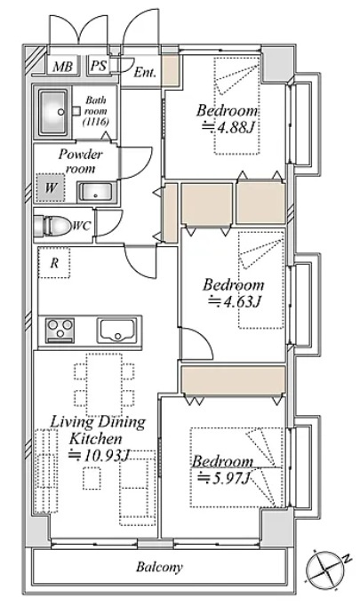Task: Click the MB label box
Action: (x=62, y=66)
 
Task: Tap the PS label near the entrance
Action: (x=98, y=65)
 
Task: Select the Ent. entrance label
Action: (x=145, y=72)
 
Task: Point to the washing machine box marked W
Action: (x=51, y=187)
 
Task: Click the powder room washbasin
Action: (x=96, y=192)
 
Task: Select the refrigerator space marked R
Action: (x=54, y=263)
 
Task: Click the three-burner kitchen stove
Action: (x=60, y=331)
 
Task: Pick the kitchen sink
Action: (x=116, y=331)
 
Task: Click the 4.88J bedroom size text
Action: (x=228, y=127)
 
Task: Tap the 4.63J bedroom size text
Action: (x=235, y=301)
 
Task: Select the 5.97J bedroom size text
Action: (x=223, y=478)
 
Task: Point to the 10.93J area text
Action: (x=98, y=455)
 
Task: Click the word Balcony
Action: (x=159, y=567)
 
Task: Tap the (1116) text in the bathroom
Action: (x=96, y=122)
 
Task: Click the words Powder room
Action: (x=80, y=161)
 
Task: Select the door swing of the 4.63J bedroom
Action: (x=196, y=343)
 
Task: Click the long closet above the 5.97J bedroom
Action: (x=233, y=379)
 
